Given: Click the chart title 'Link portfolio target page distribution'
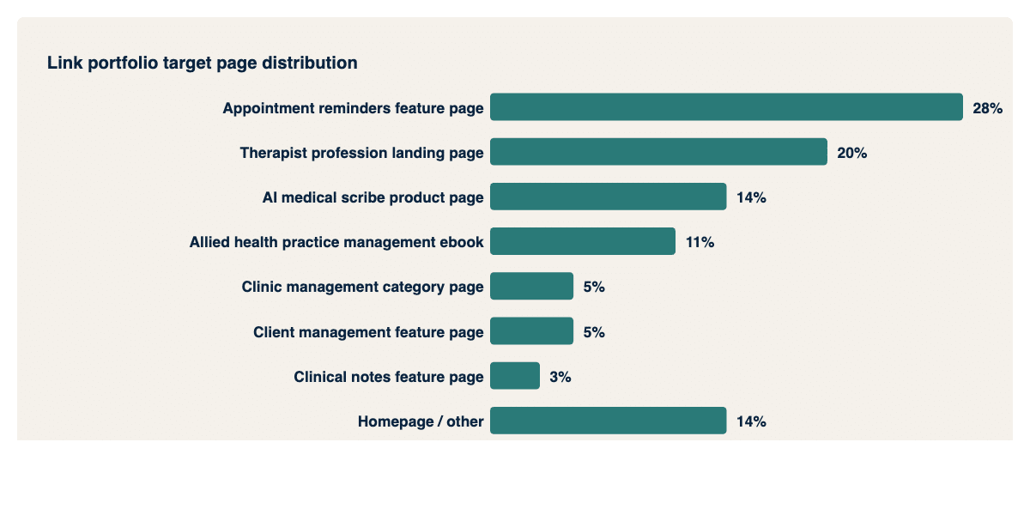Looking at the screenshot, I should tap(203, 63).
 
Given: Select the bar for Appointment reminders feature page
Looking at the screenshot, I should tap(726, 107).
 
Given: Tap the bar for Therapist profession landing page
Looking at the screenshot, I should tap(658, 152).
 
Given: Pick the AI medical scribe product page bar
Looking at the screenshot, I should tap(608, 197).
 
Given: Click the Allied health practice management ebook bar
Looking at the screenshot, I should tap(583, 242).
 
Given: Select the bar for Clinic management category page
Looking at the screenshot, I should tap(531, 287).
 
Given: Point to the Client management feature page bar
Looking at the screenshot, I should tap(531, 331).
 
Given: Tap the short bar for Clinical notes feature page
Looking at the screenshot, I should tap(515, 376).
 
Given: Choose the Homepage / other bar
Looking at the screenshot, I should tap(608, 421).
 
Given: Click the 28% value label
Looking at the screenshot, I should tap(987, 108).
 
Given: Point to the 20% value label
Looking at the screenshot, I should tap(851, 153).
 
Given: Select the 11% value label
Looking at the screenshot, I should tap(700, 242).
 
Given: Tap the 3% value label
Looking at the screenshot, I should tap(560, 376).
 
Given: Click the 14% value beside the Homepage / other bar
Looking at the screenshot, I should tap(751, 421).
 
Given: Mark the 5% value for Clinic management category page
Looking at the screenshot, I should tap(594, 287).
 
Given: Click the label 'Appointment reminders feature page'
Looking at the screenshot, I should tap(353, 108).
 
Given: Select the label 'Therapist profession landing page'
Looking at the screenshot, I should tap(361, 153).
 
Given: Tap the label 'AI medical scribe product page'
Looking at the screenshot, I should tap(373, 197).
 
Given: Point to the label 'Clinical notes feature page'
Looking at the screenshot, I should tap(388, 376).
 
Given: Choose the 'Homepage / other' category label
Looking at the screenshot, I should tap(421, 421).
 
